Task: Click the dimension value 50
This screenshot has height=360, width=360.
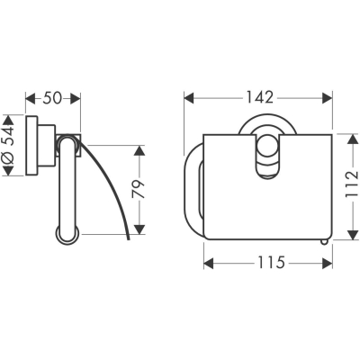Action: pos(52,98)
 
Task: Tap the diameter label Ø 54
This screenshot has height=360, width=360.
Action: pos(9,145)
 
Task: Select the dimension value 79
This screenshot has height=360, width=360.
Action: pos(139,190)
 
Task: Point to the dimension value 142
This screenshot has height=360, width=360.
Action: pos(260,97)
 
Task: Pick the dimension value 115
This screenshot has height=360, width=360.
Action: pos(271,263)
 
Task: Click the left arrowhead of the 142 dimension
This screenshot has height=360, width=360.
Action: pos(189,98)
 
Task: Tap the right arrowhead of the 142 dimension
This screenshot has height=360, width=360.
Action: pos(327,98)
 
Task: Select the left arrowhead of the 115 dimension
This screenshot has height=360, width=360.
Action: pos(209,264)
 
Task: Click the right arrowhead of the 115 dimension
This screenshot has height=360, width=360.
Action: pos(328,264)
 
